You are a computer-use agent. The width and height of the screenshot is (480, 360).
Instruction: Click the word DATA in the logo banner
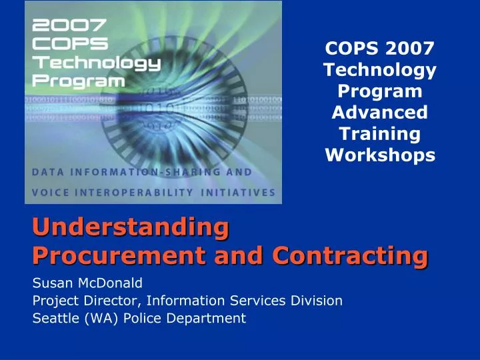tap(48, 172)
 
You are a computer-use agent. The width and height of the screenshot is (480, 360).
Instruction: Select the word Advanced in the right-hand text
tap(380, 111)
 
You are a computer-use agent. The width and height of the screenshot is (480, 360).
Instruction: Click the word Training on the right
tap(380, 133)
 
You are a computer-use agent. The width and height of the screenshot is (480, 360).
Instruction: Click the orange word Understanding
tap(126, 227)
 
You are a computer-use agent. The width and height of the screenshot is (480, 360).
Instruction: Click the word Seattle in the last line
tap(53, 318)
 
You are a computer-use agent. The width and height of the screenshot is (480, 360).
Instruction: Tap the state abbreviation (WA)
tap(97, 318)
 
